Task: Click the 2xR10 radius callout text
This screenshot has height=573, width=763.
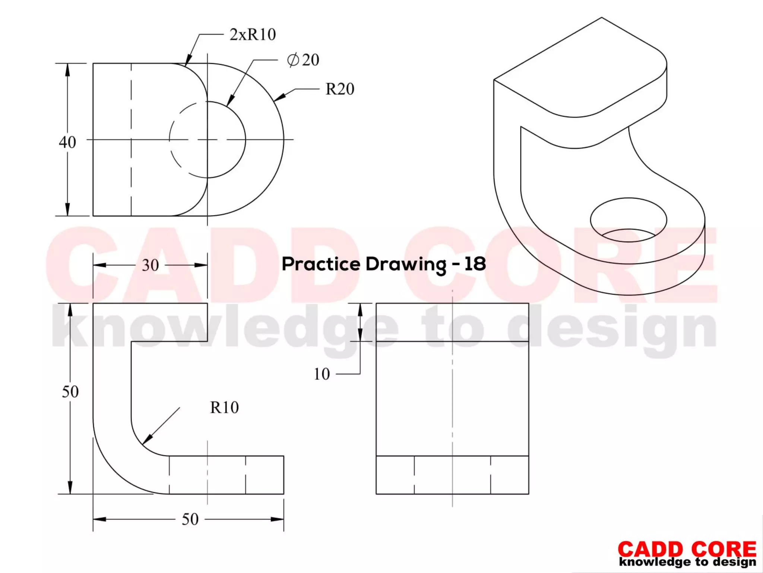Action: point(253,35)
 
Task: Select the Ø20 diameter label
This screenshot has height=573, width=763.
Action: point(303,60)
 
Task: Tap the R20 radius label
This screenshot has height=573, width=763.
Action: point(340,89)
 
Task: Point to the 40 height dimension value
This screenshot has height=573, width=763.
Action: point(67,142)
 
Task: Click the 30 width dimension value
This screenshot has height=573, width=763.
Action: point(151,265)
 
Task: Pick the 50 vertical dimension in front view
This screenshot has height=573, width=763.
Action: point(70,392)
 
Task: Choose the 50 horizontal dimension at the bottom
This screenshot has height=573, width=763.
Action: point(190,519)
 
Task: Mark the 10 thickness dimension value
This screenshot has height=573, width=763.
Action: point(322,374)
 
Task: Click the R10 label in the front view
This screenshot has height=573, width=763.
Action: point(224,407)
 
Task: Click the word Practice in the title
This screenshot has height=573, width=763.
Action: point(321,264)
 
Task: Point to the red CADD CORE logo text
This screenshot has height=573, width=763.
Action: point(687,550)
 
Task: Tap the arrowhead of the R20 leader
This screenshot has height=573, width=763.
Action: point(279,97)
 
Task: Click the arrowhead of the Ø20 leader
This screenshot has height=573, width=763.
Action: point(230,101)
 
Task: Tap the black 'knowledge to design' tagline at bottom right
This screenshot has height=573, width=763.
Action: point(688,562)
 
